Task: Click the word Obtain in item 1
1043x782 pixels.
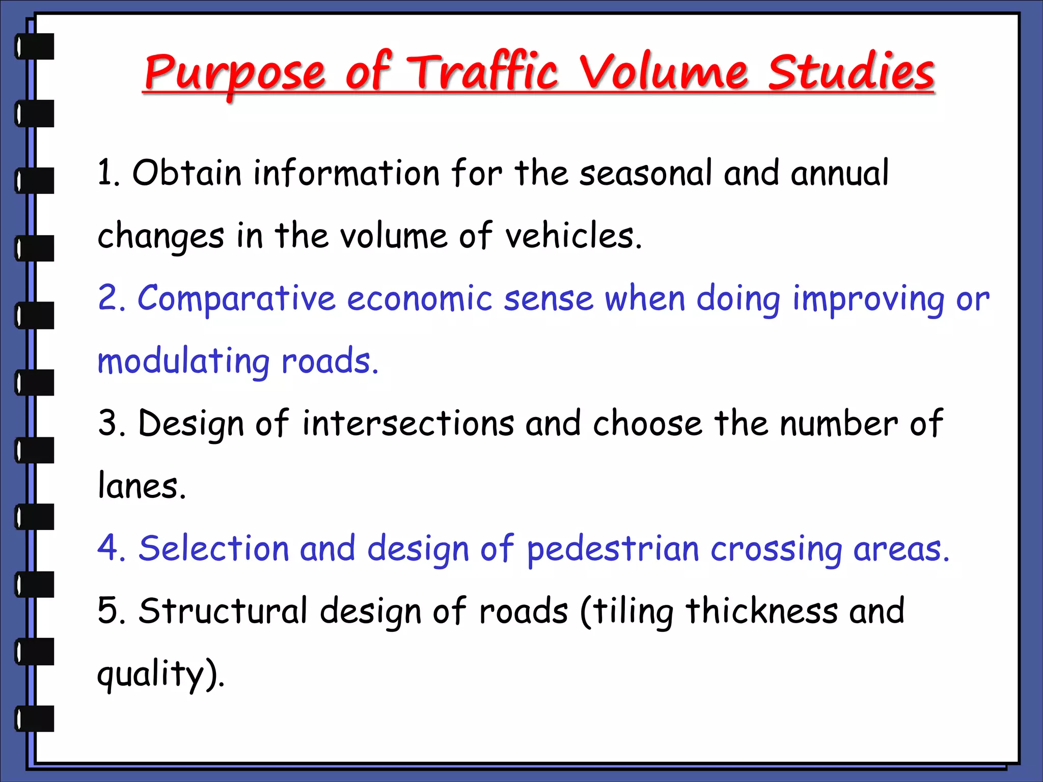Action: click(x=186, y=173)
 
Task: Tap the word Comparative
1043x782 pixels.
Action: click(x=236, y=299)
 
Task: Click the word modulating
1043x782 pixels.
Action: click(x=183, y=362)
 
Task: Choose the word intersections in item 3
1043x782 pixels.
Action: click(x=408, y=424)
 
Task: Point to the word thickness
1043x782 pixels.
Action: click(x=761, y=611)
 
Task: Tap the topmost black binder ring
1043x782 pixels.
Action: click(x=35, y=46)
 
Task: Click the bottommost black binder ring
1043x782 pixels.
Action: click(x=35, y=718)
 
